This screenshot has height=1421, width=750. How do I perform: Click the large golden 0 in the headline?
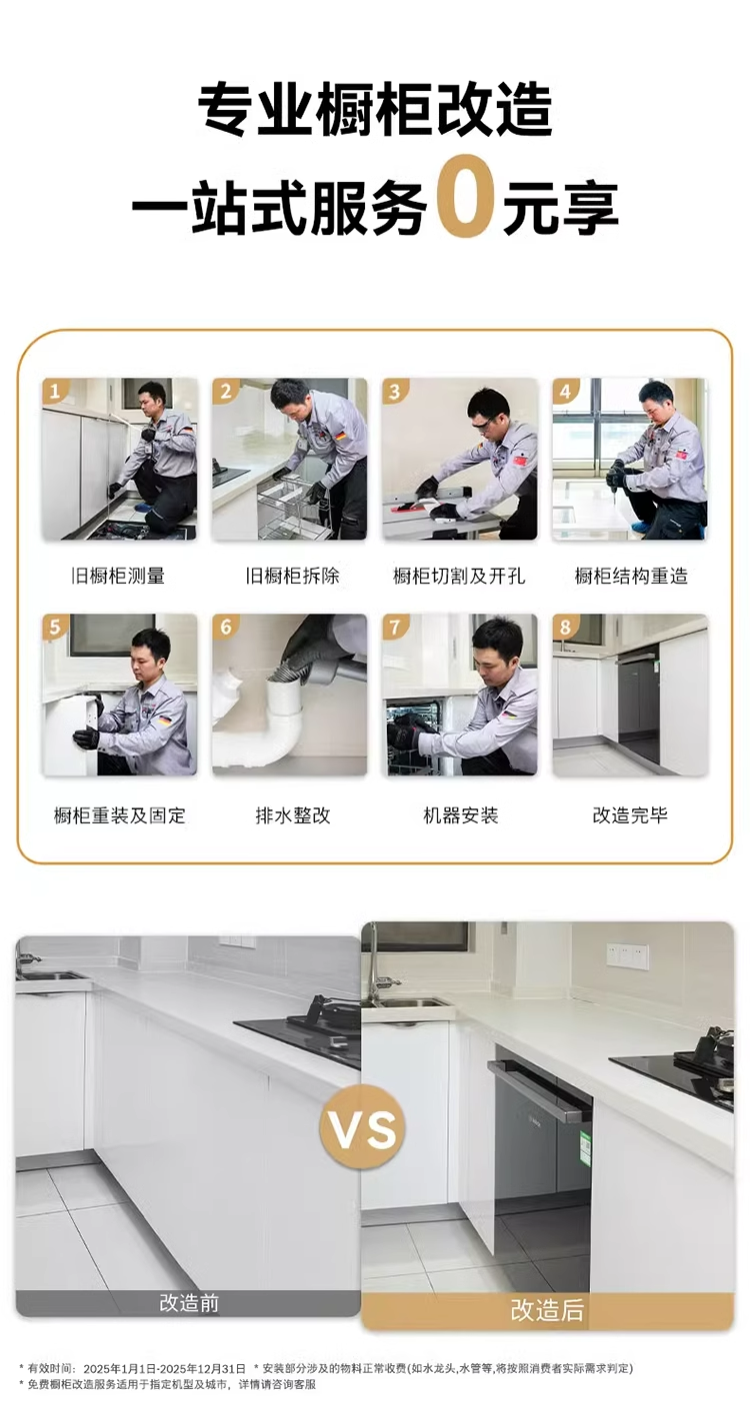465,196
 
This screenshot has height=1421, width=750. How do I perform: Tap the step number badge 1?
54,391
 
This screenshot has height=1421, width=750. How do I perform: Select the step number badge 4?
565,391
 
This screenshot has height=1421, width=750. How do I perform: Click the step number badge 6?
225,627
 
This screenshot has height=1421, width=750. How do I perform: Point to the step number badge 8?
565,627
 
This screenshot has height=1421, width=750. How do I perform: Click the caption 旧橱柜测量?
118,576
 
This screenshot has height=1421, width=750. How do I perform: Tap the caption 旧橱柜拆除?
293,576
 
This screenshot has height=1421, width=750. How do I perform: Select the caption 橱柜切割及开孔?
459,576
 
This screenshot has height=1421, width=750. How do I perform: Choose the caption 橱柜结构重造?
631,576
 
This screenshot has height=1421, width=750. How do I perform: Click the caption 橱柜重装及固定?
119,815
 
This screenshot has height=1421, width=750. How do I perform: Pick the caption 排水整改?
293,815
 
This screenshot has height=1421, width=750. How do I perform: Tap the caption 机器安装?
460,815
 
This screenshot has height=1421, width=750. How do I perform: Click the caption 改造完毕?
630,815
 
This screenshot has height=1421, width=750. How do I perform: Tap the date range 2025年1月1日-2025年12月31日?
164,1368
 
